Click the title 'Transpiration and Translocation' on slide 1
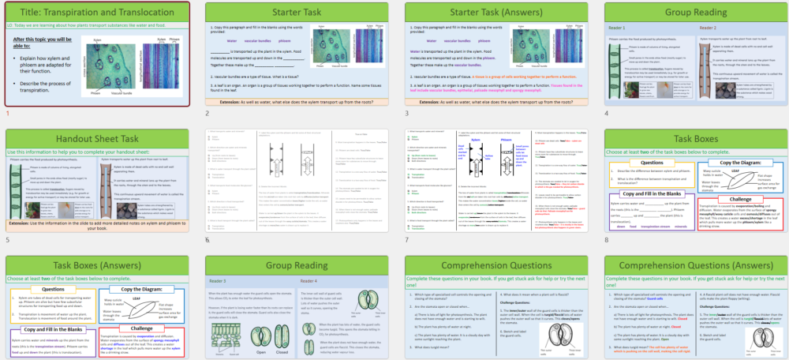click(x=96, y=12)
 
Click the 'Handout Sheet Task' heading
click(x=96, y=139)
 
